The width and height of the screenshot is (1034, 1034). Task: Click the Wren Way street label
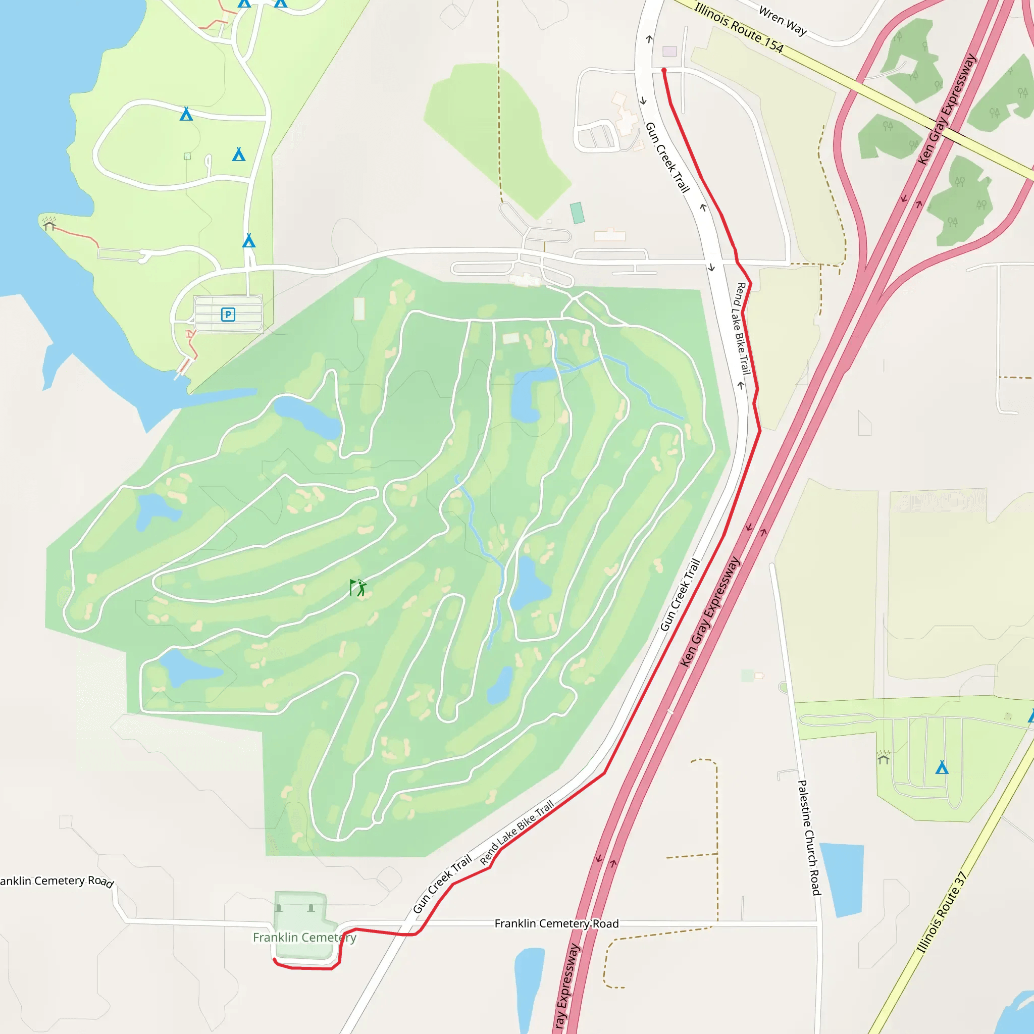click(x=783, y=21)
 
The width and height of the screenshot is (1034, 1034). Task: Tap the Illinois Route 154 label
click(x=739, y=28)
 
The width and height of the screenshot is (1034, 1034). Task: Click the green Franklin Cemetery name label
click(x=304, y=938)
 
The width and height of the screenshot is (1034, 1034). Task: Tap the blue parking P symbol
click(x=228, y=314)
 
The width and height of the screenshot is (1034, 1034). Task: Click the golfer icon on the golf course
click(x=358, y=588)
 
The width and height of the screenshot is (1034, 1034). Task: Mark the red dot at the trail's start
click(x=663, y=70)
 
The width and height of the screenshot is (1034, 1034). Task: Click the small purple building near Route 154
click(x=669, y=51)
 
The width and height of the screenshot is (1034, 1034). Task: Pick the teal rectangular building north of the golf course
click(x=577, y=213)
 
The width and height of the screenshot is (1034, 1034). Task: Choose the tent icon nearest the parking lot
click(x=248, y=241)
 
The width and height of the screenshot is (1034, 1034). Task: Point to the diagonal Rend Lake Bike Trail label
click(x=516, y=833)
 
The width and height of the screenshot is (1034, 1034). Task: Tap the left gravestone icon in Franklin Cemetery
click(x=278, y=908)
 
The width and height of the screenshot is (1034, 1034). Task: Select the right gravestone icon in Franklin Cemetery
click(x=311, y=908)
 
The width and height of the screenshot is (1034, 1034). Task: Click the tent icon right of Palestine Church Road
click(x=942, y=767)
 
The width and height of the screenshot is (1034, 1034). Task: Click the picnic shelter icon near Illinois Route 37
click(x=883, y=758)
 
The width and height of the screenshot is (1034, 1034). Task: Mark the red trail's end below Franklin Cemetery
click(x=274, y=960)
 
